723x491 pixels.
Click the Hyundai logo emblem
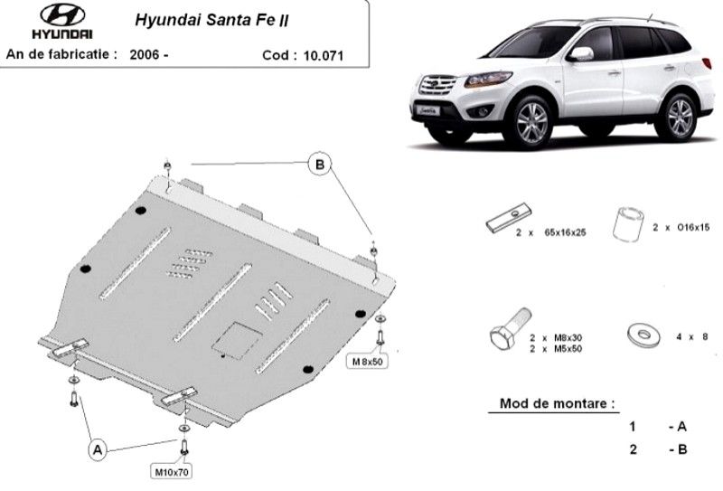pos(62,14)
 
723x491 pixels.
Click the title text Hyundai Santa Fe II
pos(211,20)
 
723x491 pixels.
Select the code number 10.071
pos(324,56)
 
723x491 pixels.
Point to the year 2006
pos(145,55)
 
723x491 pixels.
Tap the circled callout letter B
pos(320,165)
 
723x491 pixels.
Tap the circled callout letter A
pos(98,449)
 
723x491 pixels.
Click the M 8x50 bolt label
pos(368,362)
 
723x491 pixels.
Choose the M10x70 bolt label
pos(171,472)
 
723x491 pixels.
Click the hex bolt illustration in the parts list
pos(510,329)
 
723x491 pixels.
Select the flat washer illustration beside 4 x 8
pos(643,336)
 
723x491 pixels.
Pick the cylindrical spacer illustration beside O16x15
pos(628,224)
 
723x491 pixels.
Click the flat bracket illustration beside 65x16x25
pos(509,218)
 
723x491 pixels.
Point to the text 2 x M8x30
pos(556,338)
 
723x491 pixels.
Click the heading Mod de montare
pos(557,404)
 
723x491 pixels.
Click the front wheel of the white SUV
pos(531,122)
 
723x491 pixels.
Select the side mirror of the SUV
pos(580,54)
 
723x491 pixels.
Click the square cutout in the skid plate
pos(237,340)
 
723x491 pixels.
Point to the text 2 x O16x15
pos(681,228)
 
